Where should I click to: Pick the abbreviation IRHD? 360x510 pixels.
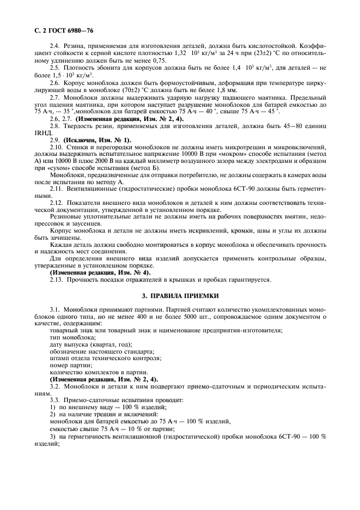[x=42, y=131]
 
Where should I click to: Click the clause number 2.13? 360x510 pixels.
[x=57, y=279]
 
